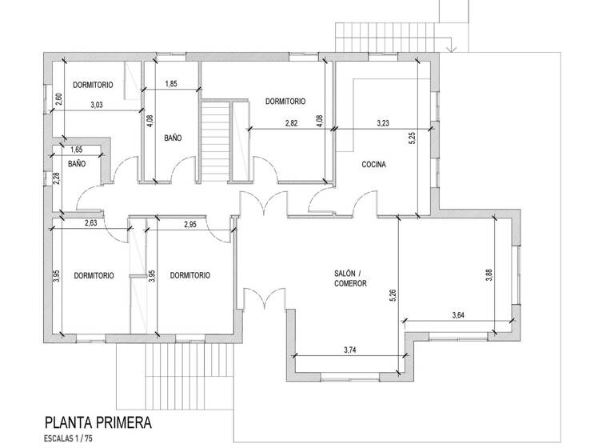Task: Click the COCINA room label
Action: click(x=373, y=165)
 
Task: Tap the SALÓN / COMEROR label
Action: click(x=350, y=278)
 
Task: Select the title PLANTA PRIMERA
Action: click(x=98, y=422)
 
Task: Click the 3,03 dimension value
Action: click(x=97, y=105)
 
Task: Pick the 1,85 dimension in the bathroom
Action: click(x=171, y=84)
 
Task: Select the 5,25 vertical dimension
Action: click(x=413, y=138)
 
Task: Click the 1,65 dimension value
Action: click(x=77, y=150)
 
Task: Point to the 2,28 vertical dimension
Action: click(x=57, y=178)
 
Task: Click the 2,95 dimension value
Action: click(x=190, y=225)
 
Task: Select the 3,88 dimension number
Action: click(x=488, y=274)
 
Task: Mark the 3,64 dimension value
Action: click(x=458, y=316)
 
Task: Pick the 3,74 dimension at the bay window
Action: click(x=349, y=350)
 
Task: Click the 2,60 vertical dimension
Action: click(x=58, y=100)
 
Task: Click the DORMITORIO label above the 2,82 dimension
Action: click(x=285, y=102)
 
